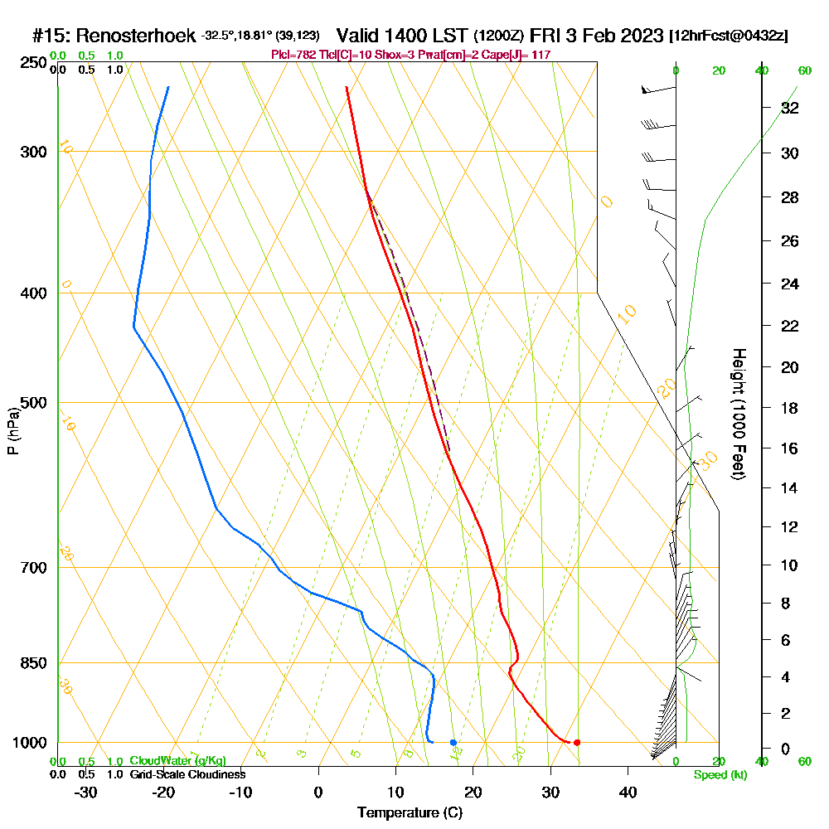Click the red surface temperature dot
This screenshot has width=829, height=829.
tap(577, 742)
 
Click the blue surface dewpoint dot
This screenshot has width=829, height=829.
tap(453, 742)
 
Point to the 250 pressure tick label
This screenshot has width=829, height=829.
tap(31, 63)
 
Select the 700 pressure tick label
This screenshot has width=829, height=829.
tap(31, 567)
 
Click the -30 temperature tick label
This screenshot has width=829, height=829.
tap(85, 792)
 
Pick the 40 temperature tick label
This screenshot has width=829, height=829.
tap(628, 792)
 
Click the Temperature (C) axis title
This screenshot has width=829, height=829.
tap(410, 813)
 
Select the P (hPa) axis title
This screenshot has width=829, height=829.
tap(12, 431)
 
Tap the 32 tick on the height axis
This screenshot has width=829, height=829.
tap(790, 108)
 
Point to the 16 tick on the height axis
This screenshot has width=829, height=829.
tap(790, 448)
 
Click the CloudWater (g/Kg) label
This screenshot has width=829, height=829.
tap(177, 761)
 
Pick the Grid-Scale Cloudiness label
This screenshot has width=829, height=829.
tap(187, 774)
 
